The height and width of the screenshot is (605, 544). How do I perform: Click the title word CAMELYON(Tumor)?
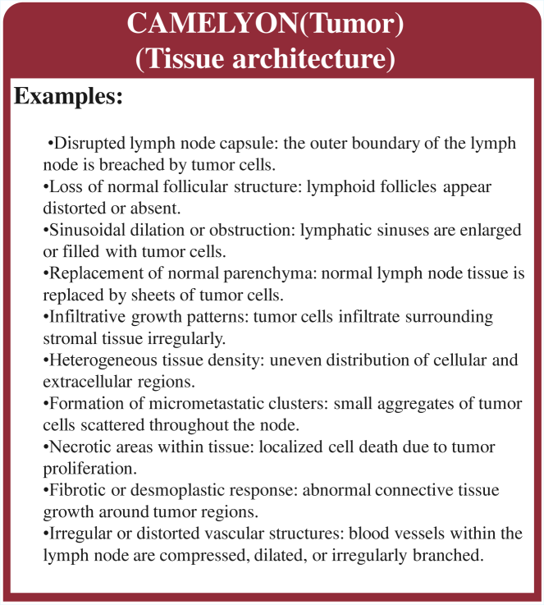pyautogui.click(x=265, y=24)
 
